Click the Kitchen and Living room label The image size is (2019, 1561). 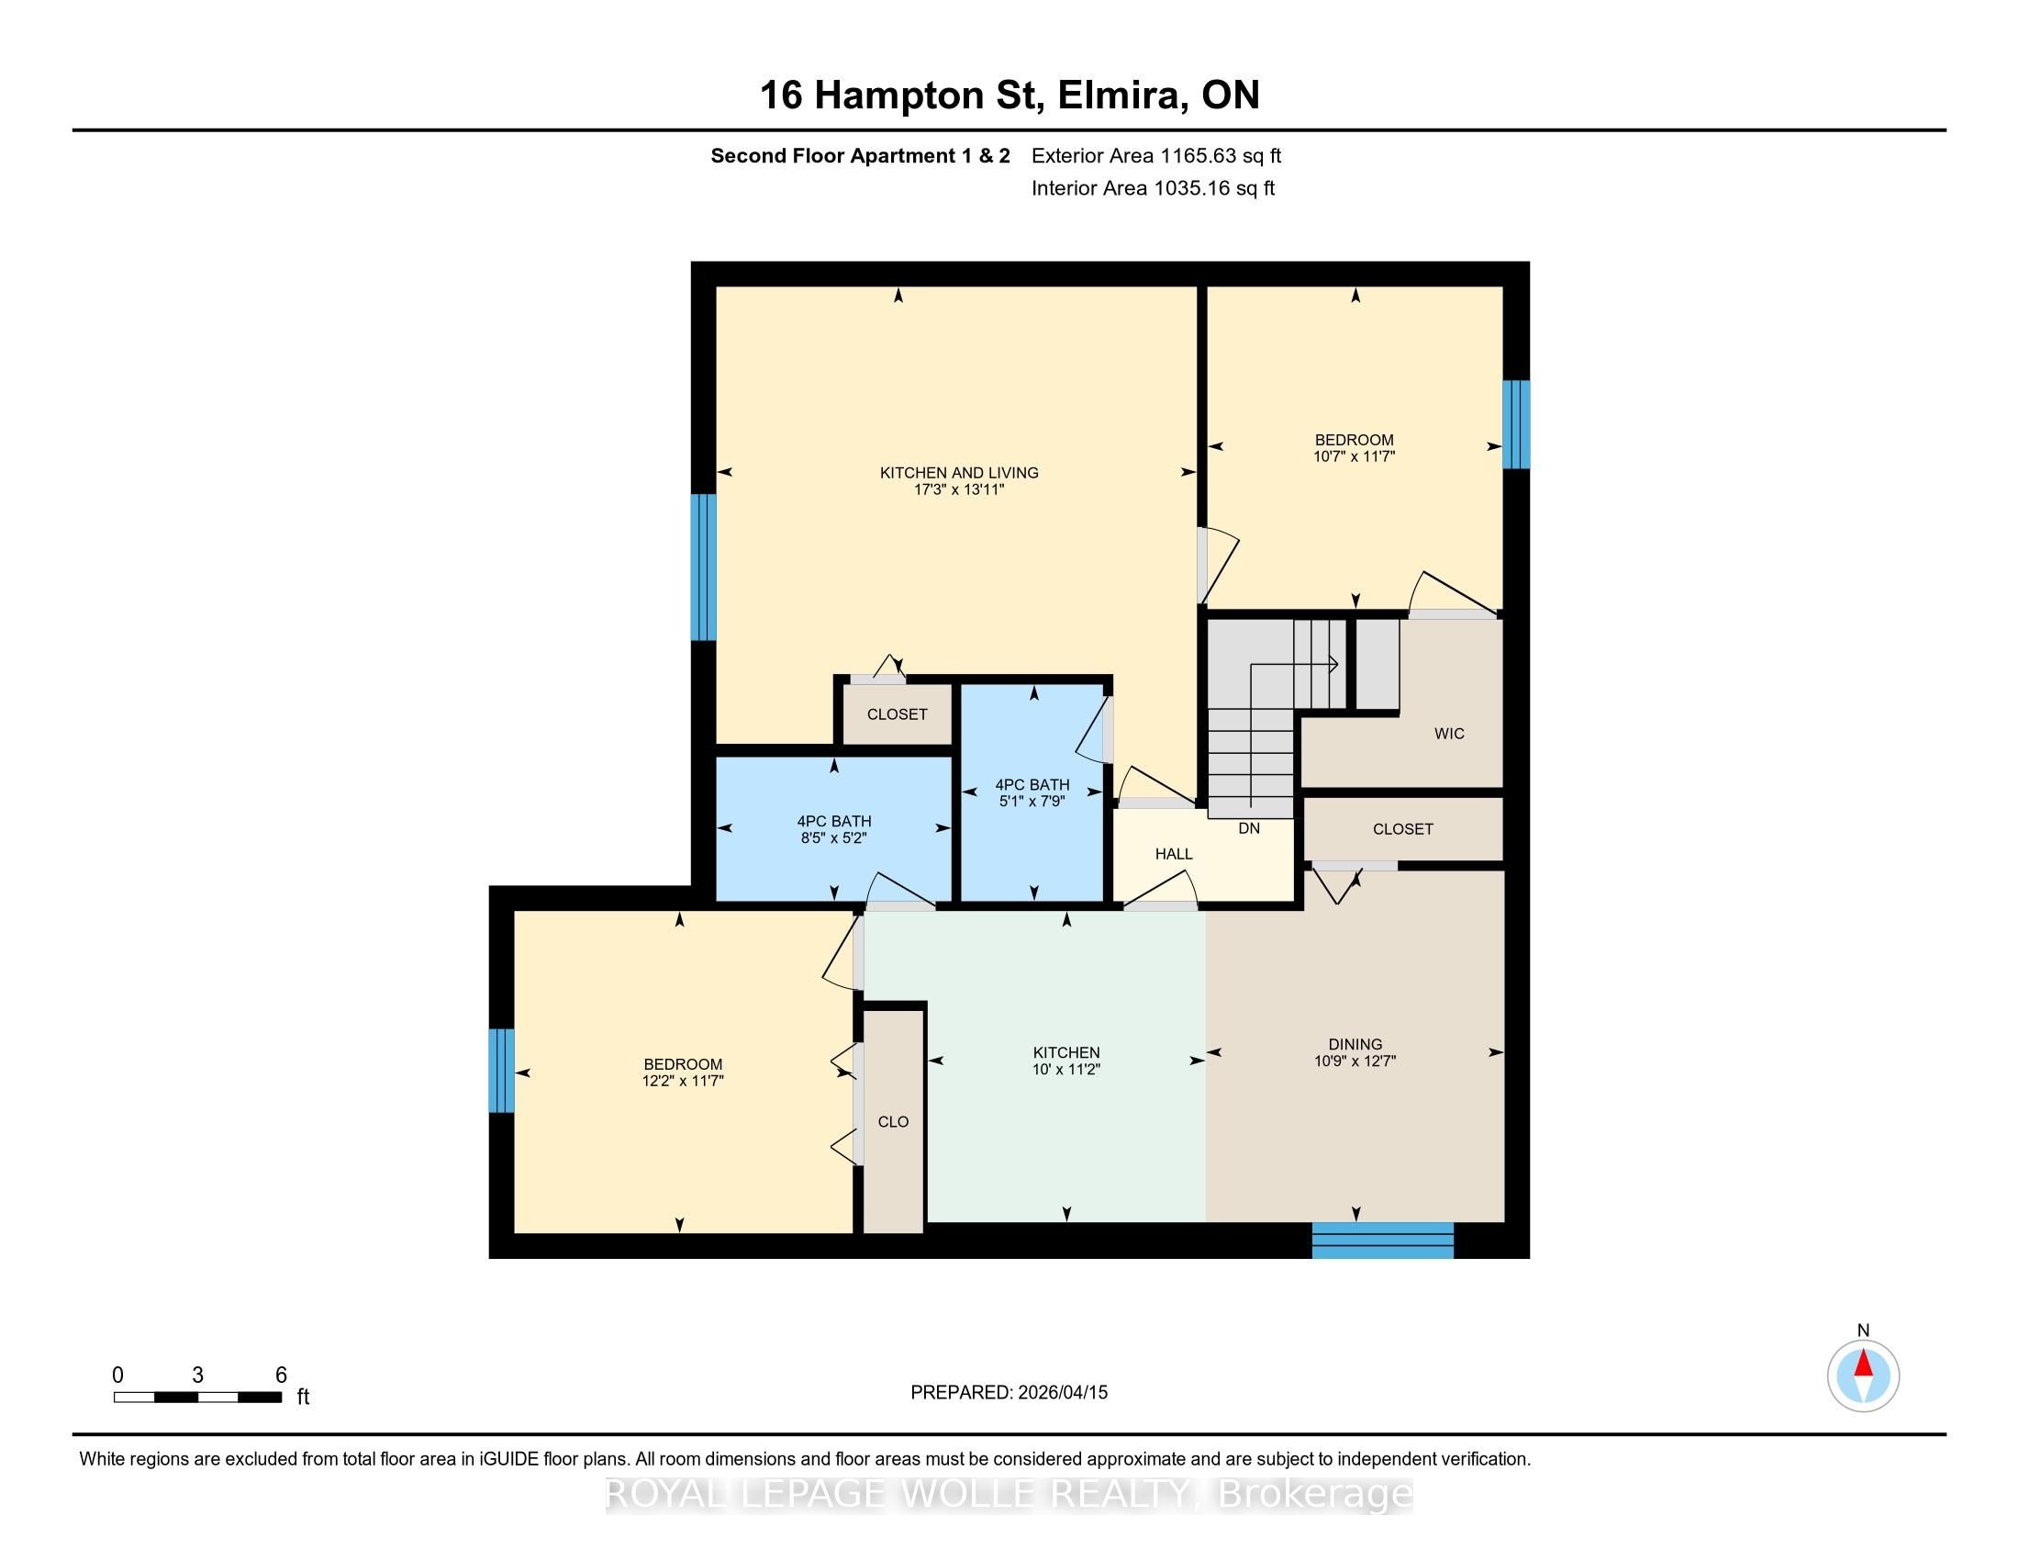pyautogui.click(x=959, y=473)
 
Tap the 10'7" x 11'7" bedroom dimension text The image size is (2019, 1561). pyautogui.click(x=1355, y=456)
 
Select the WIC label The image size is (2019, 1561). pyautogui.click(x=1448, y=734)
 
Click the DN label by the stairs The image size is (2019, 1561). pyautogui.click(x=1249, y=828)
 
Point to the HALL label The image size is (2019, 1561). pyautogui.click(x=1173, y=854)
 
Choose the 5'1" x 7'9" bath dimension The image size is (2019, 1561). pyautogui.click(x=1032, y=801)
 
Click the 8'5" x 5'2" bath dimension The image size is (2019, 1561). pyautogui.click(x=834, y=837)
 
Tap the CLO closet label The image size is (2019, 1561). pyautogui.click(x=893, y=1122)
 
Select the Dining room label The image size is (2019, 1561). pyautogui.click(x=1355, y=1044)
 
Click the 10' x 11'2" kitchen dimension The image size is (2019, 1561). pyautogui.click(x=1066, y=1069)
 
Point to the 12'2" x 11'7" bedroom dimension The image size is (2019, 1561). pyautogui.click(x=683, y=1080)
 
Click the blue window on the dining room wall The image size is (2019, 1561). pyautogui.click(x=1383, y=1241)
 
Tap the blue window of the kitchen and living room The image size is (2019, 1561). pyautogui.click(x=704, y=567)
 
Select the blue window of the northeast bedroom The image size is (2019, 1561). pyautogui.click(x=1516, y=424)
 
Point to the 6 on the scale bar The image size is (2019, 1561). pyautogui.click(x=281, y=1375)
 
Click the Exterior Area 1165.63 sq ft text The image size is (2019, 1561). pyautogui.click(x=1156, y=155)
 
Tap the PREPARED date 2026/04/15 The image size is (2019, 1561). pyautogui.click(x=1061, y=1392)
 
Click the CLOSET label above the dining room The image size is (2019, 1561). pyautogui.click(x=1402, y=829)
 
